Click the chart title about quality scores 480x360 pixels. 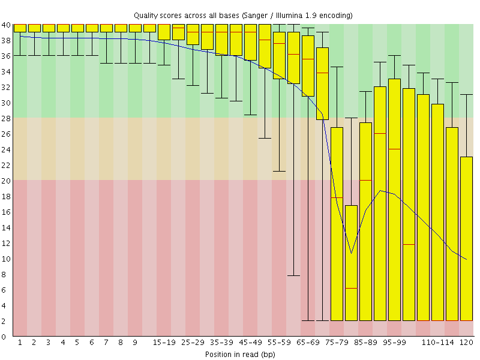point(243,14)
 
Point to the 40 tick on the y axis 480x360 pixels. point(6,25)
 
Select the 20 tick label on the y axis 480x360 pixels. point(6,181)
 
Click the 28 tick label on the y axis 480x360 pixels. point(6,118)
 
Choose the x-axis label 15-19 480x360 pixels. point(164,342)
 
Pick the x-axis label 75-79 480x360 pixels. point(337,342)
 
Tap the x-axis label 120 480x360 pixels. point(466,342)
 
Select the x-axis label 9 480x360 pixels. point(135,342)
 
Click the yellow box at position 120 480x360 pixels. point(466,240)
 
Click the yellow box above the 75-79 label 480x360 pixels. point(337,240)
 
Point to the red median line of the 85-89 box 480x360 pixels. point(365,180)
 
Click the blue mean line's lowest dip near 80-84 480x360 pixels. point(351,253)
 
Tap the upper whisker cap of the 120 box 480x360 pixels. point(466,95)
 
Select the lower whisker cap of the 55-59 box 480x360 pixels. point(279,171)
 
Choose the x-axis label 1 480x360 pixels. point(20,342)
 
